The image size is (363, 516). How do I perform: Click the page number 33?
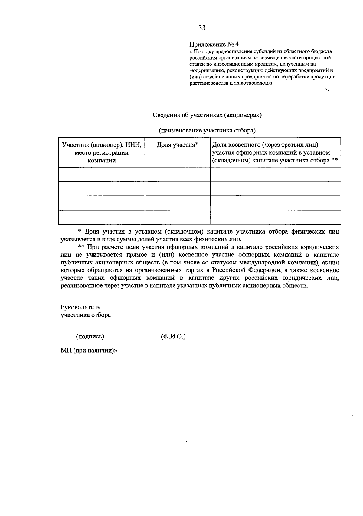202,28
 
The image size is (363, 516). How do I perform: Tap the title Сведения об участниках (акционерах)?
207,115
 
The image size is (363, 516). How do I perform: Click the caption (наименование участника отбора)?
207,131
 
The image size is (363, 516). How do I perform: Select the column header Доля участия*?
177,145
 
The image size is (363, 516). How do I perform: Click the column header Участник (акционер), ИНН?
102,145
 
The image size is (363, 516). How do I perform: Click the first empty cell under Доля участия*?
178,174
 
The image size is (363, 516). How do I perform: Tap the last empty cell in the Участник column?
102,217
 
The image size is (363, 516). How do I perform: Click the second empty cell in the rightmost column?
276,188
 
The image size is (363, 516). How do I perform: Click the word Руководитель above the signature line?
80,307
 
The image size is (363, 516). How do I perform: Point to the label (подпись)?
90,336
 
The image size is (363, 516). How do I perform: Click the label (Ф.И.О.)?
173,336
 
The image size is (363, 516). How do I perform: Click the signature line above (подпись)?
90,332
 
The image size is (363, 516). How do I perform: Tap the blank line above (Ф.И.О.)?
173,332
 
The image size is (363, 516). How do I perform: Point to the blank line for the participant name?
207,125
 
